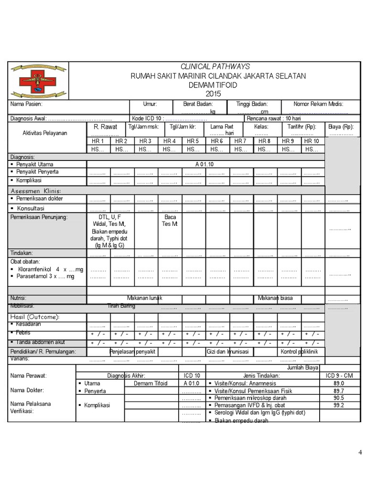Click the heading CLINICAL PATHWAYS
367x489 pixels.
coord(215,67)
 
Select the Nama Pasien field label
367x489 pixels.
coord(27,104)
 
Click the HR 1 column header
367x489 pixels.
coord(98,141)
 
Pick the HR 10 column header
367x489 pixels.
coord(312,141)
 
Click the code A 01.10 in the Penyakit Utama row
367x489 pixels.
coord(205,164)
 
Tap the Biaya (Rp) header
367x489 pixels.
coord(341,127)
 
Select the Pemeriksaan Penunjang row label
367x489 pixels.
coord(40,217)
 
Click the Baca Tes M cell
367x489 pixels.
coord(170,220)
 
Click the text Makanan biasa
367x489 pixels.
coord(275,298)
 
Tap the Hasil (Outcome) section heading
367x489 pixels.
coord(35,317)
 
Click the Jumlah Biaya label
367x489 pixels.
coord(303,368)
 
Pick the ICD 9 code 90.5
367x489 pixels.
coord(339,398)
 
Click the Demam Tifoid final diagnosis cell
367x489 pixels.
coord(151,383)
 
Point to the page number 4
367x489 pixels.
coord(360,453)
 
